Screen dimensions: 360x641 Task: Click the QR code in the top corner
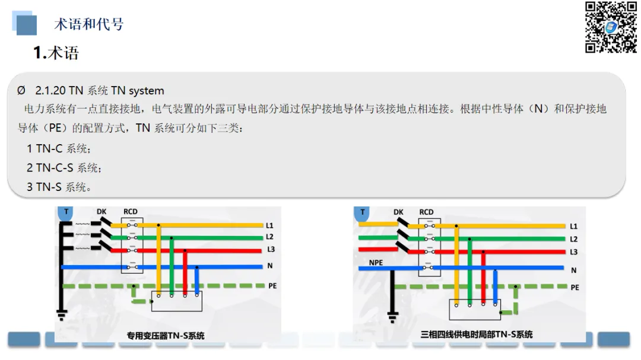[x=611, y=27]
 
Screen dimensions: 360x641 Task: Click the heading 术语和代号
[x=88, y=24]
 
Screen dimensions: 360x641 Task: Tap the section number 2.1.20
[x=50, y=91]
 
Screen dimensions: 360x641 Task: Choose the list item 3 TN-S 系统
[x=59, y=187]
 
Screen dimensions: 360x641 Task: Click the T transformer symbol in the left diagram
[x=66, y=212]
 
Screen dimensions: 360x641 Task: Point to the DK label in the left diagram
[x=102, y=212]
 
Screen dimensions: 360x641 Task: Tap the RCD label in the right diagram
[x=426, y=212]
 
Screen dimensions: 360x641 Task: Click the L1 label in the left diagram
[x=270, y=225]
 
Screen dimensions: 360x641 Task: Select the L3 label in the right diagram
[x=573, y=252]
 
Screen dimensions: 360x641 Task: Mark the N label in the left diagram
[x=270, y=266]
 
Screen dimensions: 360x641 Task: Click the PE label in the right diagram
[x=575, y=287]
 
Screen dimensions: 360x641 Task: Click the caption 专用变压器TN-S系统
[x=166, y=336]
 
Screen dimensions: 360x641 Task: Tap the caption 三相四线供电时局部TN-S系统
[x=477, y=334]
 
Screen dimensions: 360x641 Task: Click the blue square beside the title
[x=26, y=24]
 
